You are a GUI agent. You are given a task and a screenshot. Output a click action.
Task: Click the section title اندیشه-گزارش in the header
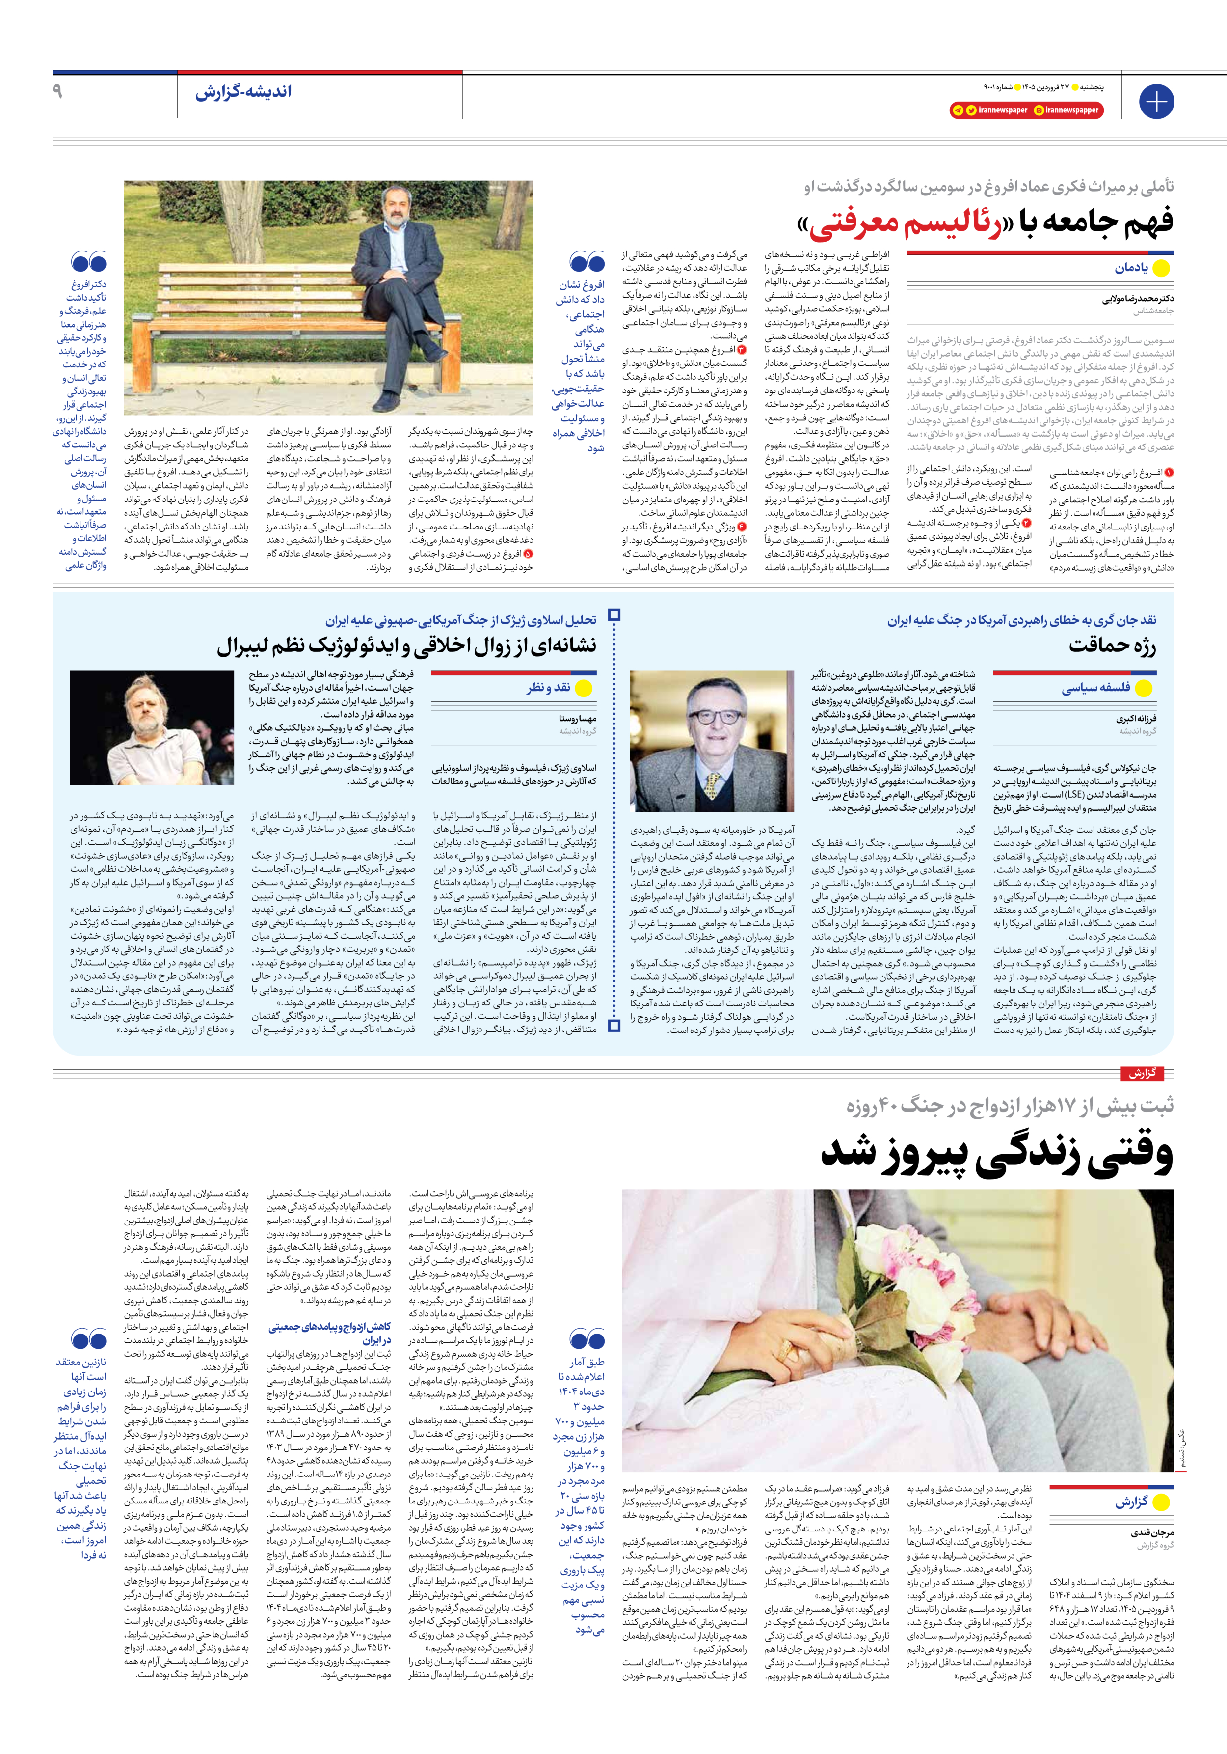[243, 92]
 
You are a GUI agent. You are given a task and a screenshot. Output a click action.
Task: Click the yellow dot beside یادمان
[1161, 268]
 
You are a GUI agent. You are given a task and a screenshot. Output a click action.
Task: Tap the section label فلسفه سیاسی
[1095, 688]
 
